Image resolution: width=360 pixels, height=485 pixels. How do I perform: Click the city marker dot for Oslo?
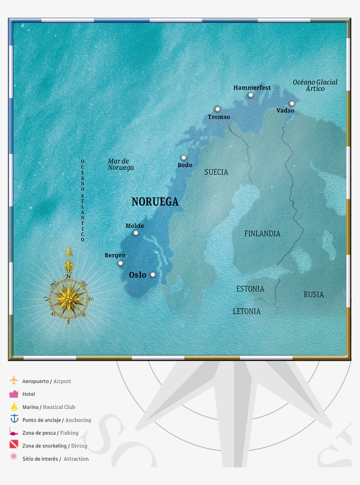tap(153, 275)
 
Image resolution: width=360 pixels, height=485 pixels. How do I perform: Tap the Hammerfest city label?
tap(252, 87)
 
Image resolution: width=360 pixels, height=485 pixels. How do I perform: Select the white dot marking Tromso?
tap(217, 109)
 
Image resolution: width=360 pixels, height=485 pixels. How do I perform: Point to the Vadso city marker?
tap(292, 104)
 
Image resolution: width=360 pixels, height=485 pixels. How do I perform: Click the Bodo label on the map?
tap(185, 165)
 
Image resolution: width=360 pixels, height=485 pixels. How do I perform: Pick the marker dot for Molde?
tap(136, 233)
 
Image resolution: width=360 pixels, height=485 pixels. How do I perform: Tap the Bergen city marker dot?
tap(120, 264)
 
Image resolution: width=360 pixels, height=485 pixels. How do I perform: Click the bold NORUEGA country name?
tap(155, 202)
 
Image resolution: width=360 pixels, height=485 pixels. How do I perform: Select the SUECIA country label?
tap(216, 172)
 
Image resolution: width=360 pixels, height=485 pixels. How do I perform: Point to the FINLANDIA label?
tap(262, 234)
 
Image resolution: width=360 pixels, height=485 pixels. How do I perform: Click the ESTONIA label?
tap(250, 289)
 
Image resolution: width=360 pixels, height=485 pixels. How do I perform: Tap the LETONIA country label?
tap(246, 311)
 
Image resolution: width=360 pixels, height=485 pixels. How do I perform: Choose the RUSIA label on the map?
tap(313, 295)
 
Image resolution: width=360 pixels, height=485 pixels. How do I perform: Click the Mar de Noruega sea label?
tap(121, 164)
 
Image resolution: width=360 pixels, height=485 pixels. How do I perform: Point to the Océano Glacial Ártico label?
tap(315, 85)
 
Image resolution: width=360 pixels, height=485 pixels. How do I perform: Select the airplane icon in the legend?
tap(14, 380)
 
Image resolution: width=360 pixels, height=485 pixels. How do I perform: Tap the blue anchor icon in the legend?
tap(14, 419)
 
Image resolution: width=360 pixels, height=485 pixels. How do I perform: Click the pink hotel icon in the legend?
tap(14, 394)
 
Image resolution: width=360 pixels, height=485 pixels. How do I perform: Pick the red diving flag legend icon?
tap(14, 445)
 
